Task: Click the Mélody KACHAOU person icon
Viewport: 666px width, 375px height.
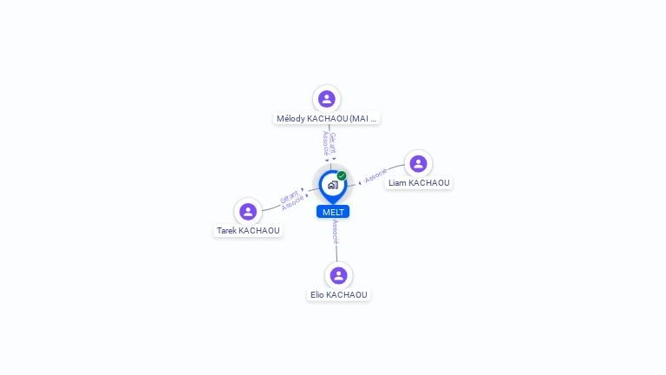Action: click(326, 99)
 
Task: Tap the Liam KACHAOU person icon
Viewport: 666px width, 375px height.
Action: click(418, 164)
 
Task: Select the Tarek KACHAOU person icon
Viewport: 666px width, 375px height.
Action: click(248, 211)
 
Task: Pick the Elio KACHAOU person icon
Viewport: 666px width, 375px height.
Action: click(338, 275)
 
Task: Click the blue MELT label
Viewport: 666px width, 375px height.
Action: click(333, 212)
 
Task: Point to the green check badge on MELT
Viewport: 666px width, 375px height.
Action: click(342, 176)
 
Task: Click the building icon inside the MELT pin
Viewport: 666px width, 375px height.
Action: click(332, 185)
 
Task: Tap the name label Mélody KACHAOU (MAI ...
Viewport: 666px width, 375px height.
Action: click(326, 118)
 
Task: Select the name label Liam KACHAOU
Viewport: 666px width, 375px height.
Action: click(419, 183)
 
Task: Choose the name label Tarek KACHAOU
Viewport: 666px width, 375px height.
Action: click(248, 231)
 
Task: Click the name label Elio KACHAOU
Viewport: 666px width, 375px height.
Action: click(338, 295)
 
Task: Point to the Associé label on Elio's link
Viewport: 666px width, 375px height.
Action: click(336, 232)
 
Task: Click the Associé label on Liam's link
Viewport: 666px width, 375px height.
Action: click(375, 176)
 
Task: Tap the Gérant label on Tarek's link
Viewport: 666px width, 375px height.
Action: click(288, 197)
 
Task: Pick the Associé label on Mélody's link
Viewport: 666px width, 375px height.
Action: click(325, 143)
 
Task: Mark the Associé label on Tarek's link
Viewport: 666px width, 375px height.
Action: click(293, 203)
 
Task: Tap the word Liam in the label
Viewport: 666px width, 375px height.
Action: click(396, 183)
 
